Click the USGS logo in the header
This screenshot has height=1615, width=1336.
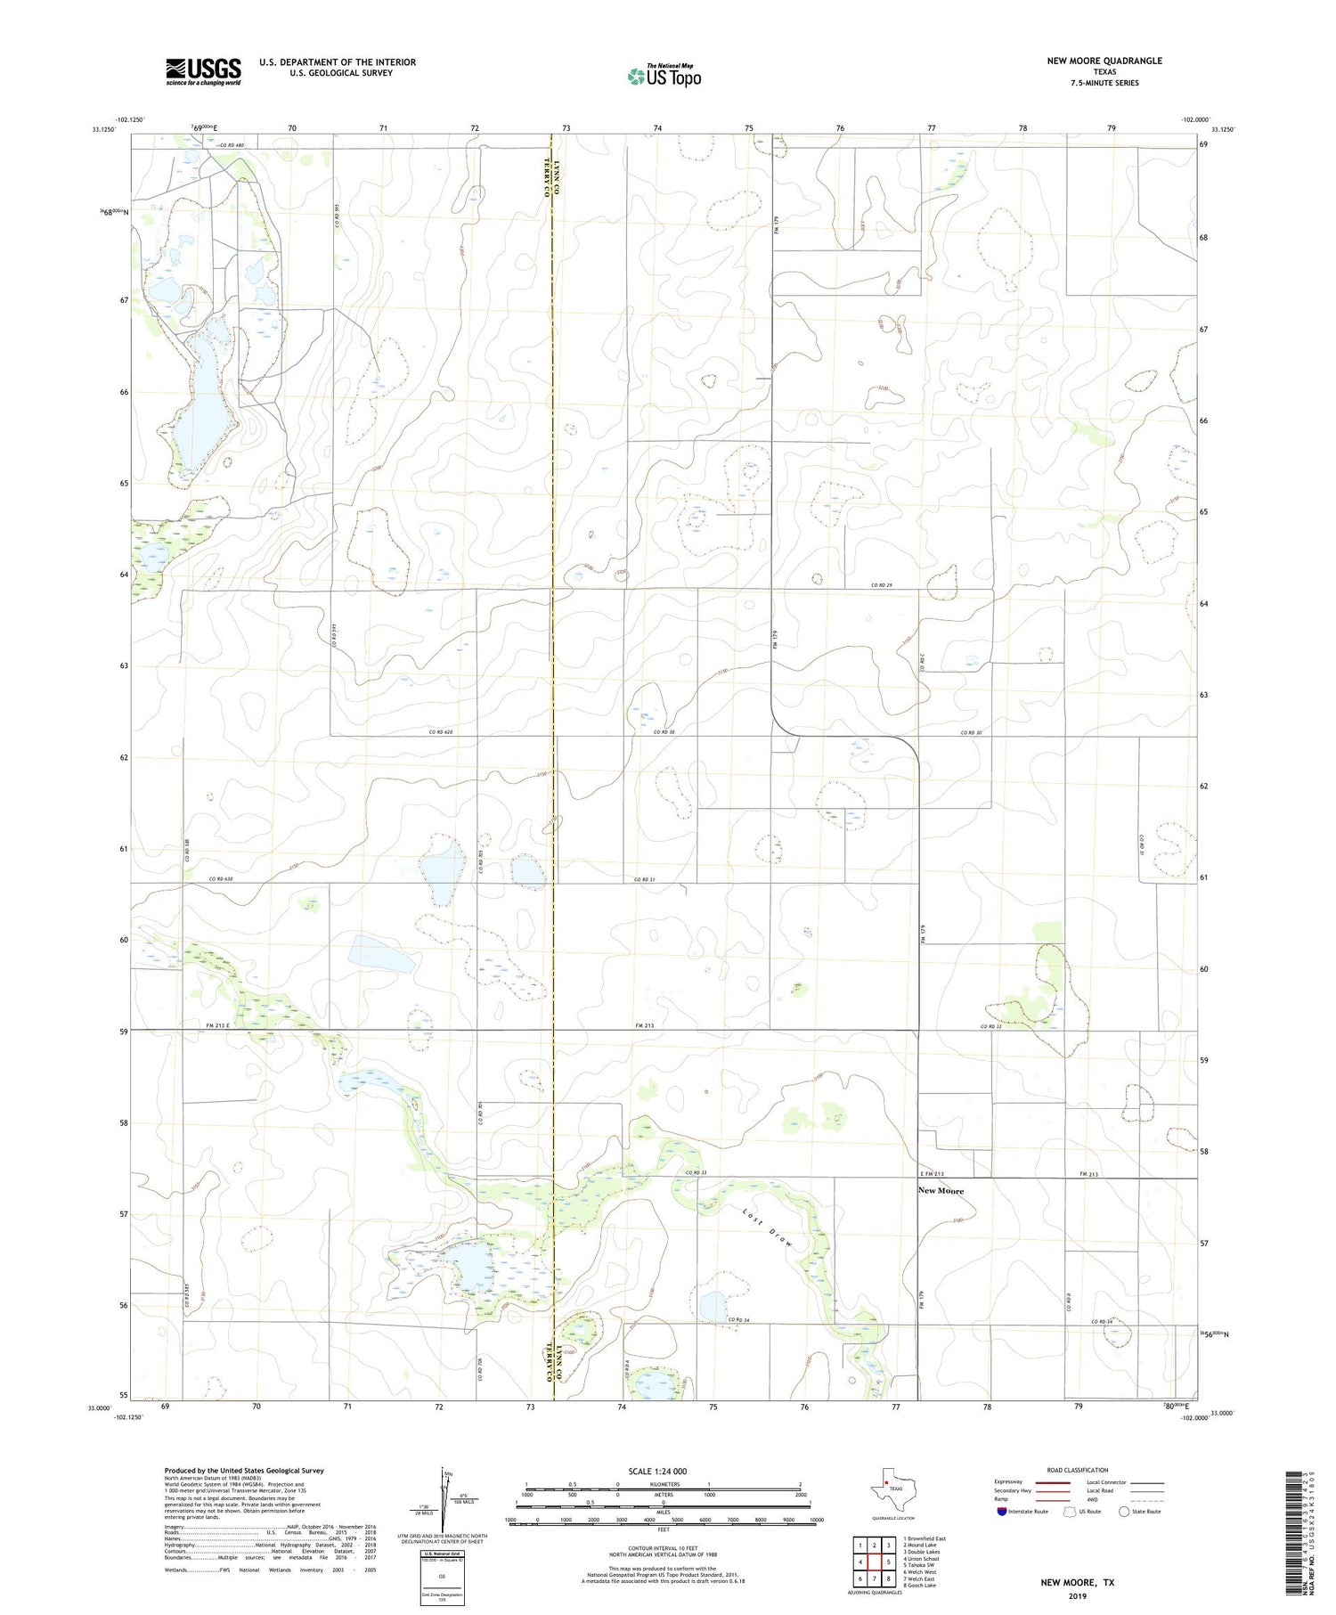[x=203, y=71]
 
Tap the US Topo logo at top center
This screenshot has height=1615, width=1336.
[x=664, y=77]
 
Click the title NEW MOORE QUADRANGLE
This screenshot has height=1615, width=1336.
[x=1104, y=61]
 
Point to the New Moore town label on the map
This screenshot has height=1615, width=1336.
[x=941, y=1191]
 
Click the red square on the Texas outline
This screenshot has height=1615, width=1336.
[x=886, y=1483]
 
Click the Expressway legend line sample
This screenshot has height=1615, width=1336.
[x=1055, y=1482]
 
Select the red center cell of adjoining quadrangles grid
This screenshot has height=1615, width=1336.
[x=875, y=1562]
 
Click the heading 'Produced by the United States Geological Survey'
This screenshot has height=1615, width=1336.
[x=243, y=1471]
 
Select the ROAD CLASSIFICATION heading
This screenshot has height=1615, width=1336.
[x=1077, y=1470]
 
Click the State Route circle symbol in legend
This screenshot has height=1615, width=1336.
[x=1124, y=1512]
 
